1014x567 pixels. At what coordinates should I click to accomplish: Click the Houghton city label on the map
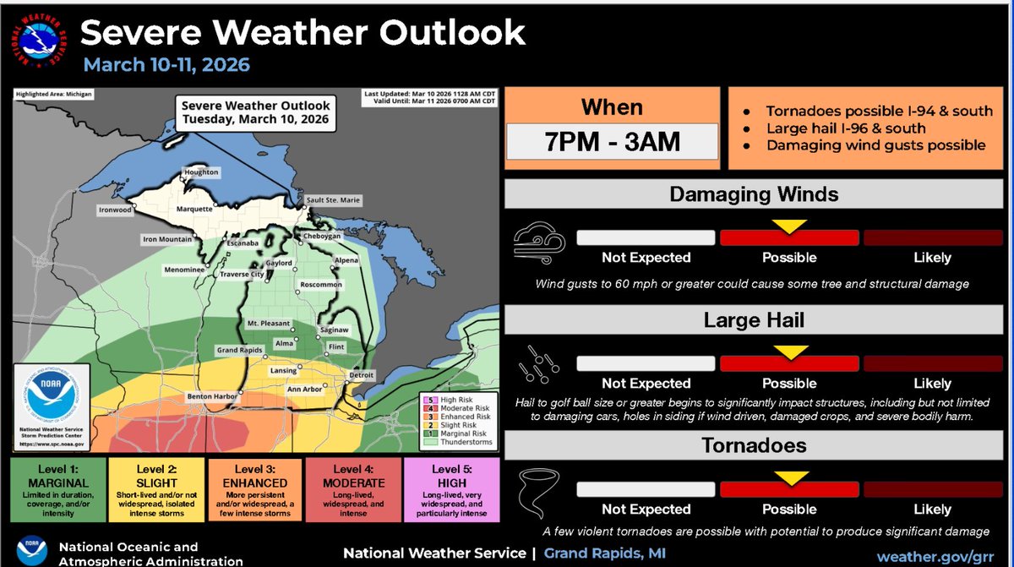coord(201,172)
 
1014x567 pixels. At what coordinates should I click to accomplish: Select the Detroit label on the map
coord(361,374)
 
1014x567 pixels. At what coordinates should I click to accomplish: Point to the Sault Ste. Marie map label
coord(333,200)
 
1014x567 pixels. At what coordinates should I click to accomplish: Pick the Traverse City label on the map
coord(241,275)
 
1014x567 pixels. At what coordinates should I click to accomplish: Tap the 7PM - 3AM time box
coord(612,141)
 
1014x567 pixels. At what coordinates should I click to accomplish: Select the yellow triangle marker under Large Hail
coord(789,352)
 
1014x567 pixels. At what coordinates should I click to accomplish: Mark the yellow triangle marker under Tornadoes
coord(789,478)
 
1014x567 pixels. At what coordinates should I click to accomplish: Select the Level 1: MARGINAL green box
coord(59,490)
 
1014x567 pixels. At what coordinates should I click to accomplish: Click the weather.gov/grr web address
coord(935,556)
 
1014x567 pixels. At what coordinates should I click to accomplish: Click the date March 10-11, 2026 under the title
coord(166,65)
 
